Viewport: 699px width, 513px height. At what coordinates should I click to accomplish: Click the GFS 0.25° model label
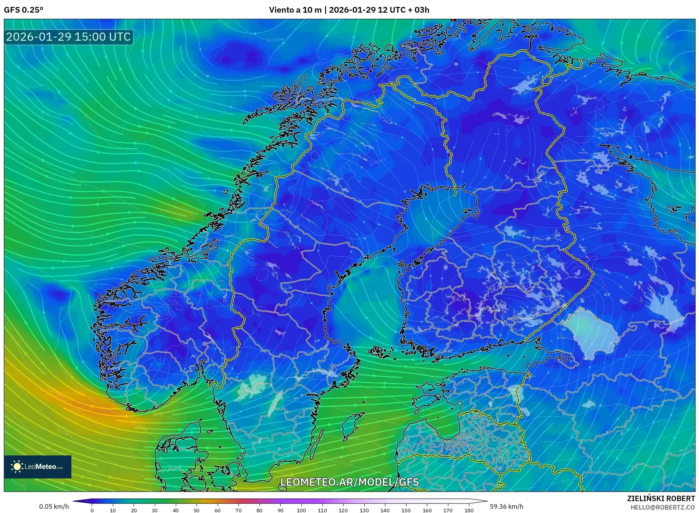coord(23,10)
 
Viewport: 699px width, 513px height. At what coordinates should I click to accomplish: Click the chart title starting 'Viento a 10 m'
coord(349,10)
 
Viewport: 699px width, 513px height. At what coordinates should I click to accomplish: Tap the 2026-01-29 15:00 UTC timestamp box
coord(68,37)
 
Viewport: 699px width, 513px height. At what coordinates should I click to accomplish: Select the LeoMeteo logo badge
coord(38,467)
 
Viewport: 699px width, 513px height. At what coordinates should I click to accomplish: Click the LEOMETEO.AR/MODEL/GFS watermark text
coord(349,482)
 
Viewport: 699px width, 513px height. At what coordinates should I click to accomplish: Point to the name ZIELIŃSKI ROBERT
coord(661,498)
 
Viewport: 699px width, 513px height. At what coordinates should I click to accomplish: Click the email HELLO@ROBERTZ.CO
coord(663,507)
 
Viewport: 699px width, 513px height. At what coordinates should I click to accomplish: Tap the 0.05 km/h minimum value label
coord(54,506)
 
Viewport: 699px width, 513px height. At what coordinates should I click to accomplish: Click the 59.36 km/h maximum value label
coord(506,506)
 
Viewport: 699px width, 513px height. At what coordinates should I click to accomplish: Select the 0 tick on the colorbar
coord(92,510)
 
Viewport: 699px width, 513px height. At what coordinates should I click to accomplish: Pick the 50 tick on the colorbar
coord(197,510)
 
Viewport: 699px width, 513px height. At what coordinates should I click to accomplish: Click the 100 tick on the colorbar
coord(301,510)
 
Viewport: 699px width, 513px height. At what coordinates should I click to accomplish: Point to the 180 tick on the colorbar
coord(469,510)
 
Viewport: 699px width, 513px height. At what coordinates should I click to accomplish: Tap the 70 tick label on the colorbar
coord(238,510)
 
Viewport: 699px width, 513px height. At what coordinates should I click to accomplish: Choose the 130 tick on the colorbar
coord(364,510)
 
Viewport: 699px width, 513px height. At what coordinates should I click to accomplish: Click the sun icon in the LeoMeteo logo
coord(17,467)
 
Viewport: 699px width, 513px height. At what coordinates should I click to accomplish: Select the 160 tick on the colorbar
coord(427,510)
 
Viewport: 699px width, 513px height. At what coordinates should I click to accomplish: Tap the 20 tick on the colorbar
coord(134,510)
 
